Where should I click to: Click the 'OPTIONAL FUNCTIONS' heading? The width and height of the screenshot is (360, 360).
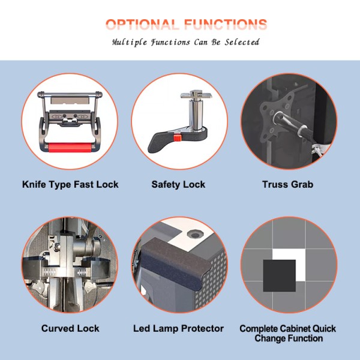click(x=186, y=25)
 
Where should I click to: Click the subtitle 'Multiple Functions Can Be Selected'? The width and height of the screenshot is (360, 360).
click(x=186, y=42)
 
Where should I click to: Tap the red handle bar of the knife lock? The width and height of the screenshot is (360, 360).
click(x=70, y=148)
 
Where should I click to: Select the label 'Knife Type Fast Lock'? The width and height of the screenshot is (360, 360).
click(x=70, y=185)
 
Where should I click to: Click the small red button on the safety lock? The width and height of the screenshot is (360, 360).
click(x=177, y=138)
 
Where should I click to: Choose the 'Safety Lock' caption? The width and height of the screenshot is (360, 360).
click(x=178, y=185)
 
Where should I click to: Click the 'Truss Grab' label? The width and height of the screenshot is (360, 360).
click(x=287, y=185)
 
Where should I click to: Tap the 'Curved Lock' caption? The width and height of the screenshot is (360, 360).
click(x=70, y=328)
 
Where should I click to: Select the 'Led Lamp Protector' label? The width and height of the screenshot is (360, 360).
click(x=178, y=328)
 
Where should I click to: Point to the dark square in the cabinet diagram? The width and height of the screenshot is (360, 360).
click(x=279, y=276)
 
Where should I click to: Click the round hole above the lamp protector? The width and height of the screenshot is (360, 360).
click(x=195, y=235)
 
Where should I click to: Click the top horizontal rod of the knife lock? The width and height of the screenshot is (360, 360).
click(x=70, y=94)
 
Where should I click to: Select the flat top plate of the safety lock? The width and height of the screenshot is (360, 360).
click(x=196, y=94)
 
